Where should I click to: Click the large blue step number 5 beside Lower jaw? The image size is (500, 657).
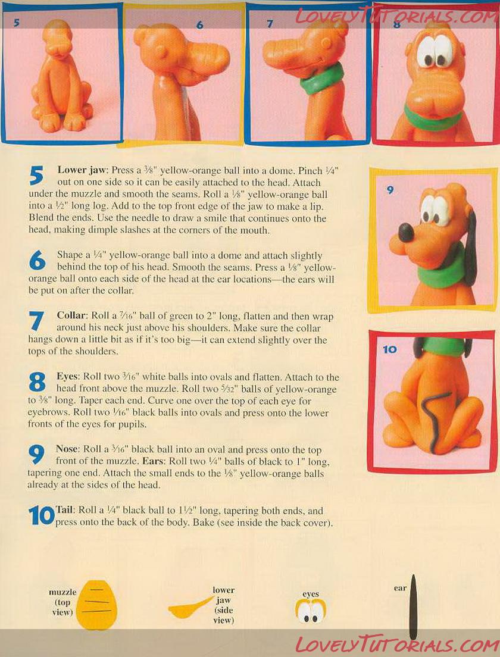[36, 175]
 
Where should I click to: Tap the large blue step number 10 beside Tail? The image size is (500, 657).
[42, 515]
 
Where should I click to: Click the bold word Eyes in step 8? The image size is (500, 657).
[68, 377]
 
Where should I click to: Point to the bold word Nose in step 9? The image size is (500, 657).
[67, 449]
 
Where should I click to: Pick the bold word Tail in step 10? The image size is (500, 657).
[64, 510]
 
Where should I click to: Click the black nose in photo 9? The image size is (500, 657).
[405, 233]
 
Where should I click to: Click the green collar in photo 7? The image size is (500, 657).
[321, 80]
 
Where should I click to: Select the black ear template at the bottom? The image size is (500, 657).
[413, 607]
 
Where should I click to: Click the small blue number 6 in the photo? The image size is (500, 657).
[199, 25]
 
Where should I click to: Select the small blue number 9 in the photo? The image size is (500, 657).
[390, 190]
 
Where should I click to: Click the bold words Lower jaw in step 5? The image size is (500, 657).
[83, 170]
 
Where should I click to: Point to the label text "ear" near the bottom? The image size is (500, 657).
[400, 588]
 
